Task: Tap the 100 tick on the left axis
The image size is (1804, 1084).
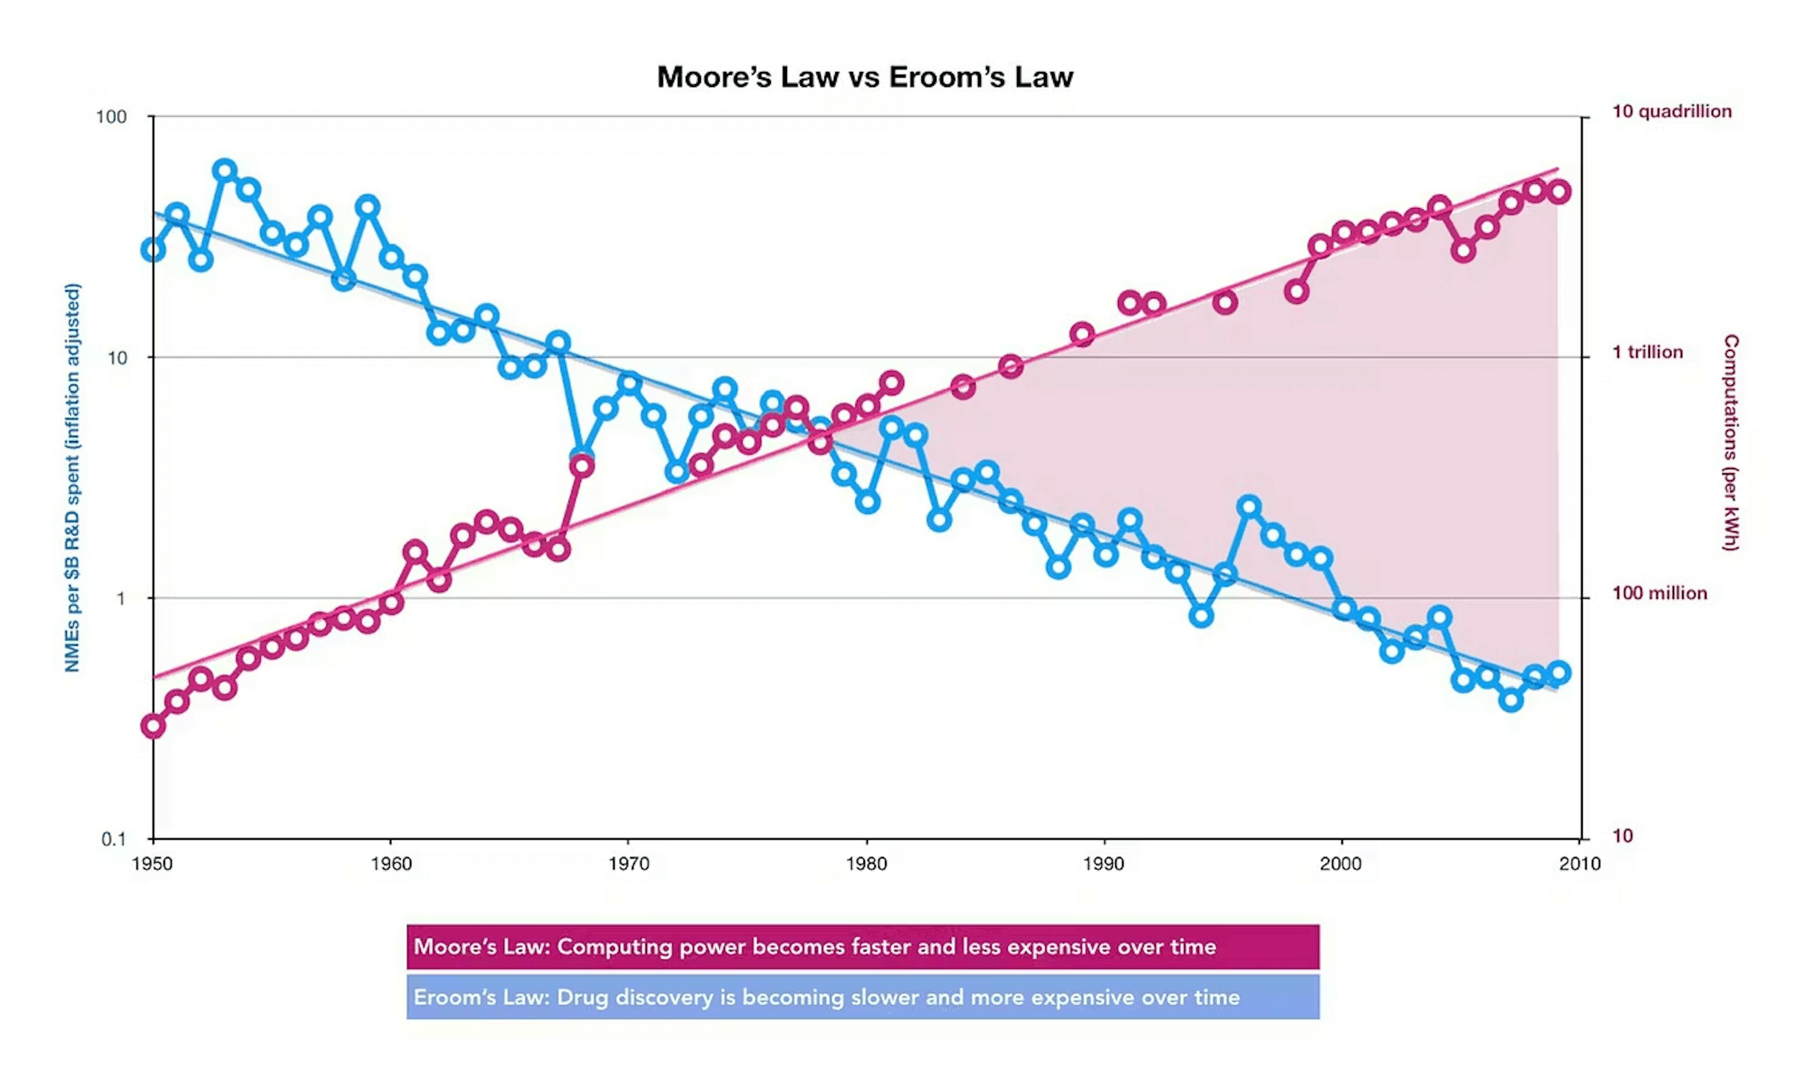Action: [111, 117]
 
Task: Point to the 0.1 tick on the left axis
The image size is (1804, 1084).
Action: [113, 839]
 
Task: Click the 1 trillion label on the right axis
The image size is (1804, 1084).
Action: [1647, 352]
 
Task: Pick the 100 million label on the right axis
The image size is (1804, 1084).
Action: [1659, 593]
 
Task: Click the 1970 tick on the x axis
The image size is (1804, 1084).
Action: [629, 864]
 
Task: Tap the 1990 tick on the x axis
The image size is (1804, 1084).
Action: [1104, 864]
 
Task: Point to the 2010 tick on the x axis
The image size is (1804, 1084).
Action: [1579, 864]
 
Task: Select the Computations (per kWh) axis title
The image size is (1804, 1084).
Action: [1731, 443]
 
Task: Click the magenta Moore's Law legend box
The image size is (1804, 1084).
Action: [863, 947]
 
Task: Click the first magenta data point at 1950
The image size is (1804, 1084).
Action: [153, 726]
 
